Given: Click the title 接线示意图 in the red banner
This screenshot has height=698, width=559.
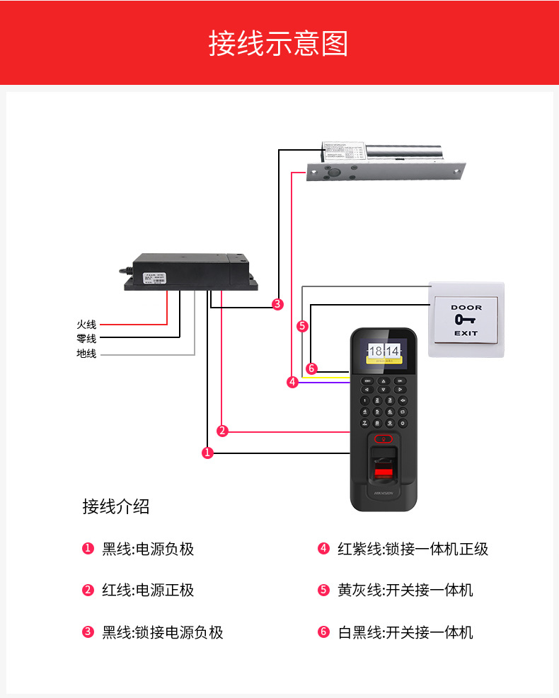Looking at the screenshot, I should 279,43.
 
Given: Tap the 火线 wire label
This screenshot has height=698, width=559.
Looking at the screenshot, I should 86,324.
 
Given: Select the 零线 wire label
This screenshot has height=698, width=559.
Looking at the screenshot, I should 86,339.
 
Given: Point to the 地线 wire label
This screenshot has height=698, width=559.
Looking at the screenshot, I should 86,354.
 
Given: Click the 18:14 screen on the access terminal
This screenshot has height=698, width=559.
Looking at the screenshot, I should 384,351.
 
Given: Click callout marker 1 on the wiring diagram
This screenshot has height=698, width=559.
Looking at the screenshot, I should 207,453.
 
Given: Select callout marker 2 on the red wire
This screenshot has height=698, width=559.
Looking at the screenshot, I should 222,431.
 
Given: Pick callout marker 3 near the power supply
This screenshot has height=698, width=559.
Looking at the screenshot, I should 277,304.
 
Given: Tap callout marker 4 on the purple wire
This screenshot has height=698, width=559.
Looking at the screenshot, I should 292,382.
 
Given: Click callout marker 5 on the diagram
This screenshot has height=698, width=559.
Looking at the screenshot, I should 303,326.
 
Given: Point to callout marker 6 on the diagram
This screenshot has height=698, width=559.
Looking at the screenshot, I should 311,368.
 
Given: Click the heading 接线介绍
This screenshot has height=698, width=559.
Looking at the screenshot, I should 116,506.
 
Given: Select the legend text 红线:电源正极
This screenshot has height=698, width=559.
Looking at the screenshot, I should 148,590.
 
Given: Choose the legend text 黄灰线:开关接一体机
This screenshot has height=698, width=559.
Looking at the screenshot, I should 405,590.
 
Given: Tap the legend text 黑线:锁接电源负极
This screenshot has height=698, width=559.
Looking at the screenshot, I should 163,632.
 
